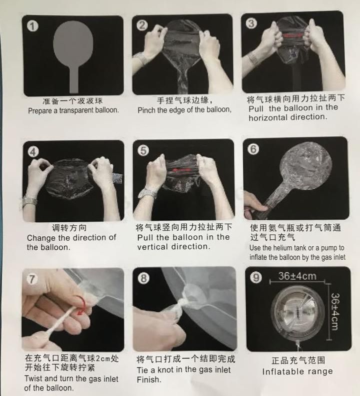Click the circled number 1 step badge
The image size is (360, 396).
(33, 26)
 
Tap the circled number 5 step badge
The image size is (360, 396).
(143, 150)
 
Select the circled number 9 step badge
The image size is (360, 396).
(256, 277)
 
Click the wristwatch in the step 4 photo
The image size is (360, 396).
(29, 201)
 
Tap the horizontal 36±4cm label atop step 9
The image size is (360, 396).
(297, 276)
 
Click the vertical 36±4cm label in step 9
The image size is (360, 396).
(334, 312)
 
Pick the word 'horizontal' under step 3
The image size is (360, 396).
(268, 117)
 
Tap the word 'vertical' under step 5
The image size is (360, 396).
(154, 247)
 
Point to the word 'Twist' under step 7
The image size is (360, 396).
(34, 379)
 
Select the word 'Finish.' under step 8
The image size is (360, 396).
(149, 380)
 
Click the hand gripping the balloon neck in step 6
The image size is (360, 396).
(254, 206)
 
